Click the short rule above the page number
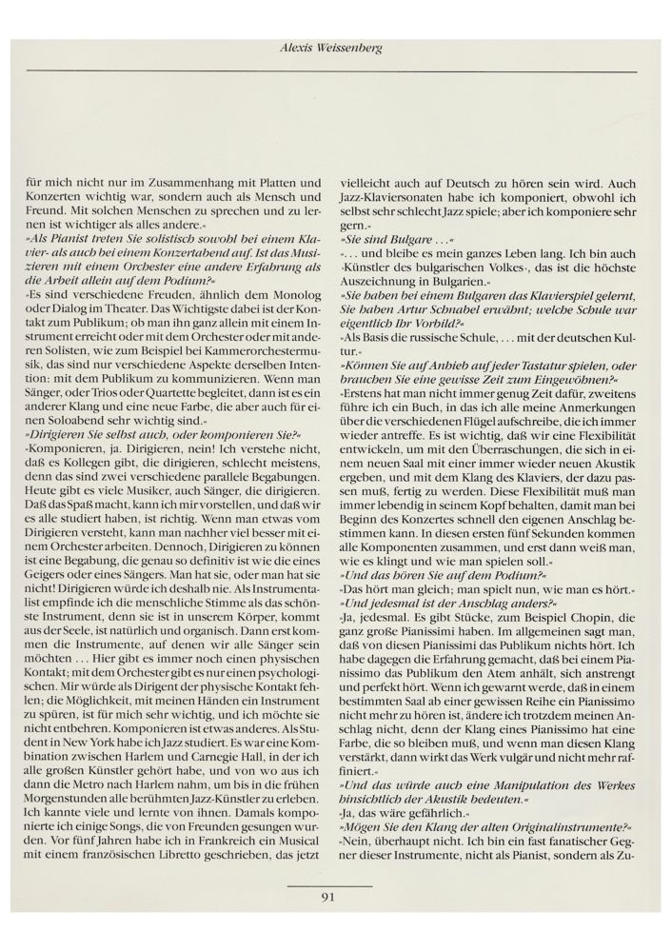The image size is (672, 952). (334, 883)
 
